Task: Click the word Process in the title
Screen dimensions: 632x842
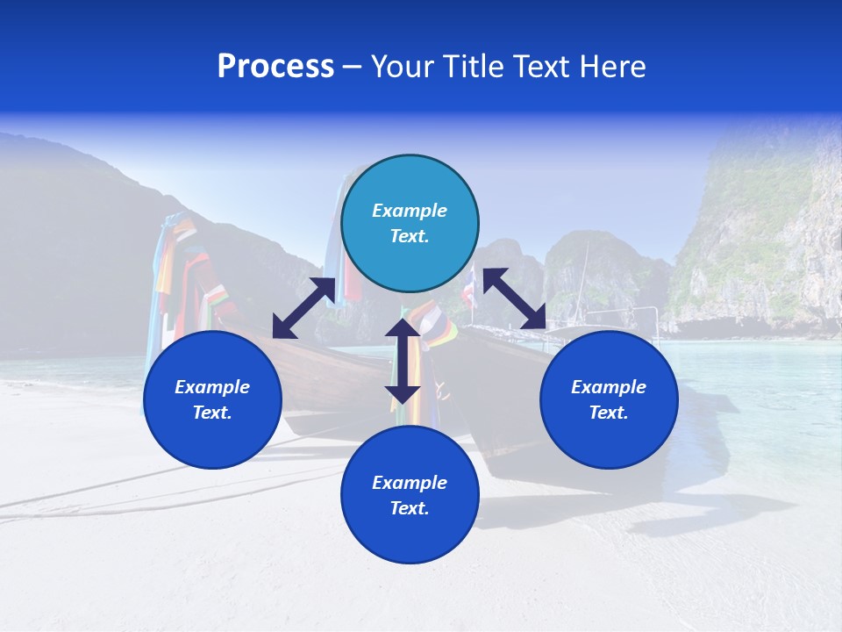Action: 275,67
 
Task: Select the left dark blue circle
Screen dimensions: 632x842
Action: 212,399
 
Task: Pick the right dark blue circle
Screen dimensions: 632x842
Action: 609,399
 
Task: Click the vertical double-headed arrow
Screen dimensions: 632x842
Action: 403,361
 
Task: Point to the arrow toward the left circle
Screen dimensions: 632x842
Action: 303,308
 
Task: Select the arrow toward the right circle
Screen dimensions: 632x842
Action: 515,298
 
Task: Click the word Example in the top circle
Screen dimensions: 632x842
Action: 410,211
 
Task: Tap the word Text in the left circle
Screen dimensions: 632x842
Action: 212,413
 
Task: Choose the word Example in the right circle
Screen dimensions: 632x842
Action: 609,387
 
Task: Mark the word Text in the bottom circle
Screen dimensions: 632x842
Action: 410,508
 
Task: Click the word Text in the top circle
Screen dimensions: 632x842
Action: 410,236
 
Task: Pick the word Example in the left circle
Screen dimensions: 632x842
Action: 212,387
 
